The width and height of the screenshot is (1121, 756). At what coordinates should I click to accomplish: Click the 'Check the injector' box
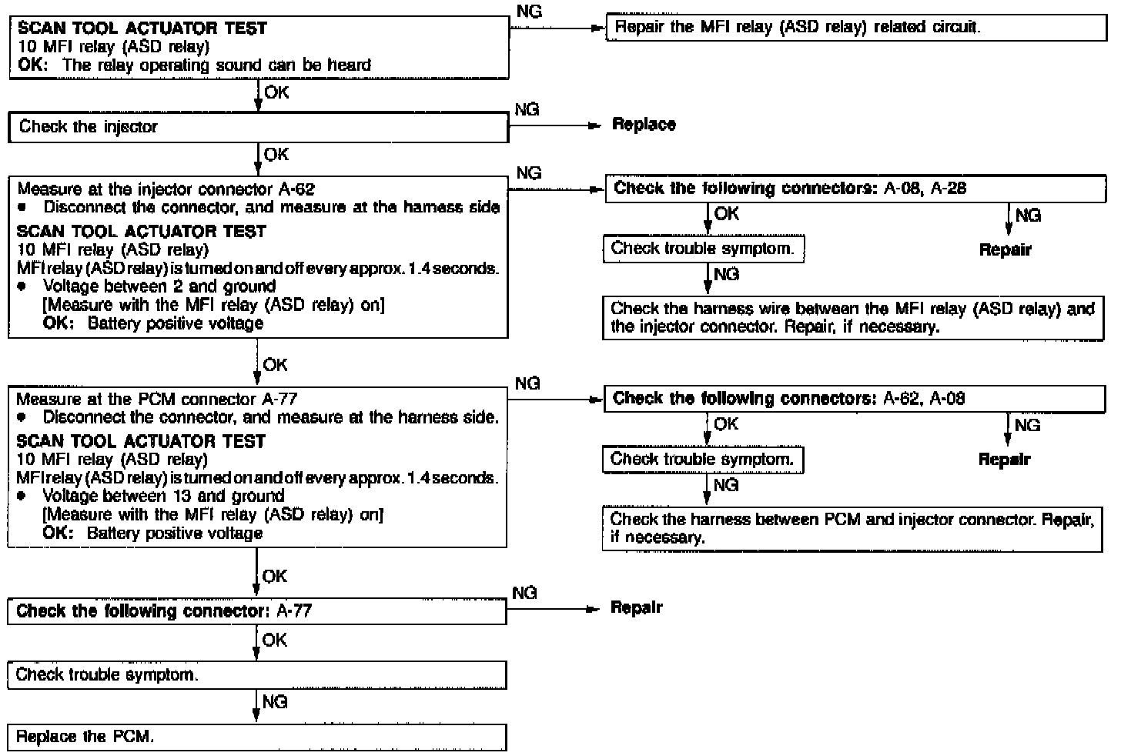[x=258, y=127]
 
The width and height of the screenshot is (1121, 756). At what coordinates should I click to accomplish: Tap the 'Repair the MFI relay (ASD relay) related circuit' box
[x=855, y=28]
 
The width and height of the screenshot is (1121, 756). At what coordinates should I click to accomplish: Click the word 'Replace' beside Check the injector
[x=644, y=125]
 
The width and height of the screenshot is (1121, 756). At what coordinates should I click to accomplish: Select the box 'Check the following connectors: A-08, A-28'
[x=855, y=189]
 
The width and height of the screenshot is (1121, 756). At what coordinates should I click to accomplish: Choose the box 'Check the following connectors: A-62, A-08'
[x=855, y=399]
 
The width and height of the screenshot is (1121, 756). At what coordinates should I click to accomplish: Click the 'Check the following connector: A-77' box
[x=257, y=611]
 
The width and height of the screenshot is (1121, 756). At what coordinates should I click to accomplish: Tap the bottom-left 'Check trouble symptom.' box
[x=257, y=674]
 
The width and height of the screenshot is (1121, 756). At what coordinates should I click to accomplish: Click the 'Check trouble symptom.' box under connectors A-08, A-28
[x=703, y=249]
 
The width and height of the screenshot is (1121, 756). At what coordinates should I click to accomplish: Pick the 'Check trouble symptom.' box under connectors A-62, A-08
[x=702, y=460]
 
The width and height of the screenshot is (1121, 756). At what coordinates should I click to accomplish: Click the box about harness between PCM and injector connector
[x=852, y=528]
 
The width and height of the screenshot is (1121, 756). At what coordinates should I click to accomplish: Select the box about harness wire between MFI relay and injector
[x=852, y=318]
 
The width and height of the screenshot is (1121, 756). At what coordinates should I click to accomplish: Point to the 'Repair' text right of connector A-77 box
[x=636, y=607]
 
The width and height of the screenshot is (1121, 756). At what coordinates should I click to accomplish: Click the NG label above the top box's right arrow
[x=530, y=12]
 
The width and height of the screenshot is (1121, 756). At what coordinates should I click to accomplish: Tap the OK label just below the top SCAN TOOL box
[x=276, y=92]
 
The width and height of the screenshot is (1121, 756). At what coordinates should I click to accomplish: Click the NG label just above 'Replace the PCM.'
[x=275, y=701]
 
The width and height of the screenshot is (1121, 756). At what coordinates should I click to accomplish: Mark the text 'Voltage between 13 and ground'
[x=163, y=497]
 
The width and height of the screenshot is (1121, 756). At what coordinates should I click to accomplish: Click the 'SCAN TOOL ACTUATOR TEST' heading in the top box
[x=142, y=28]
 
